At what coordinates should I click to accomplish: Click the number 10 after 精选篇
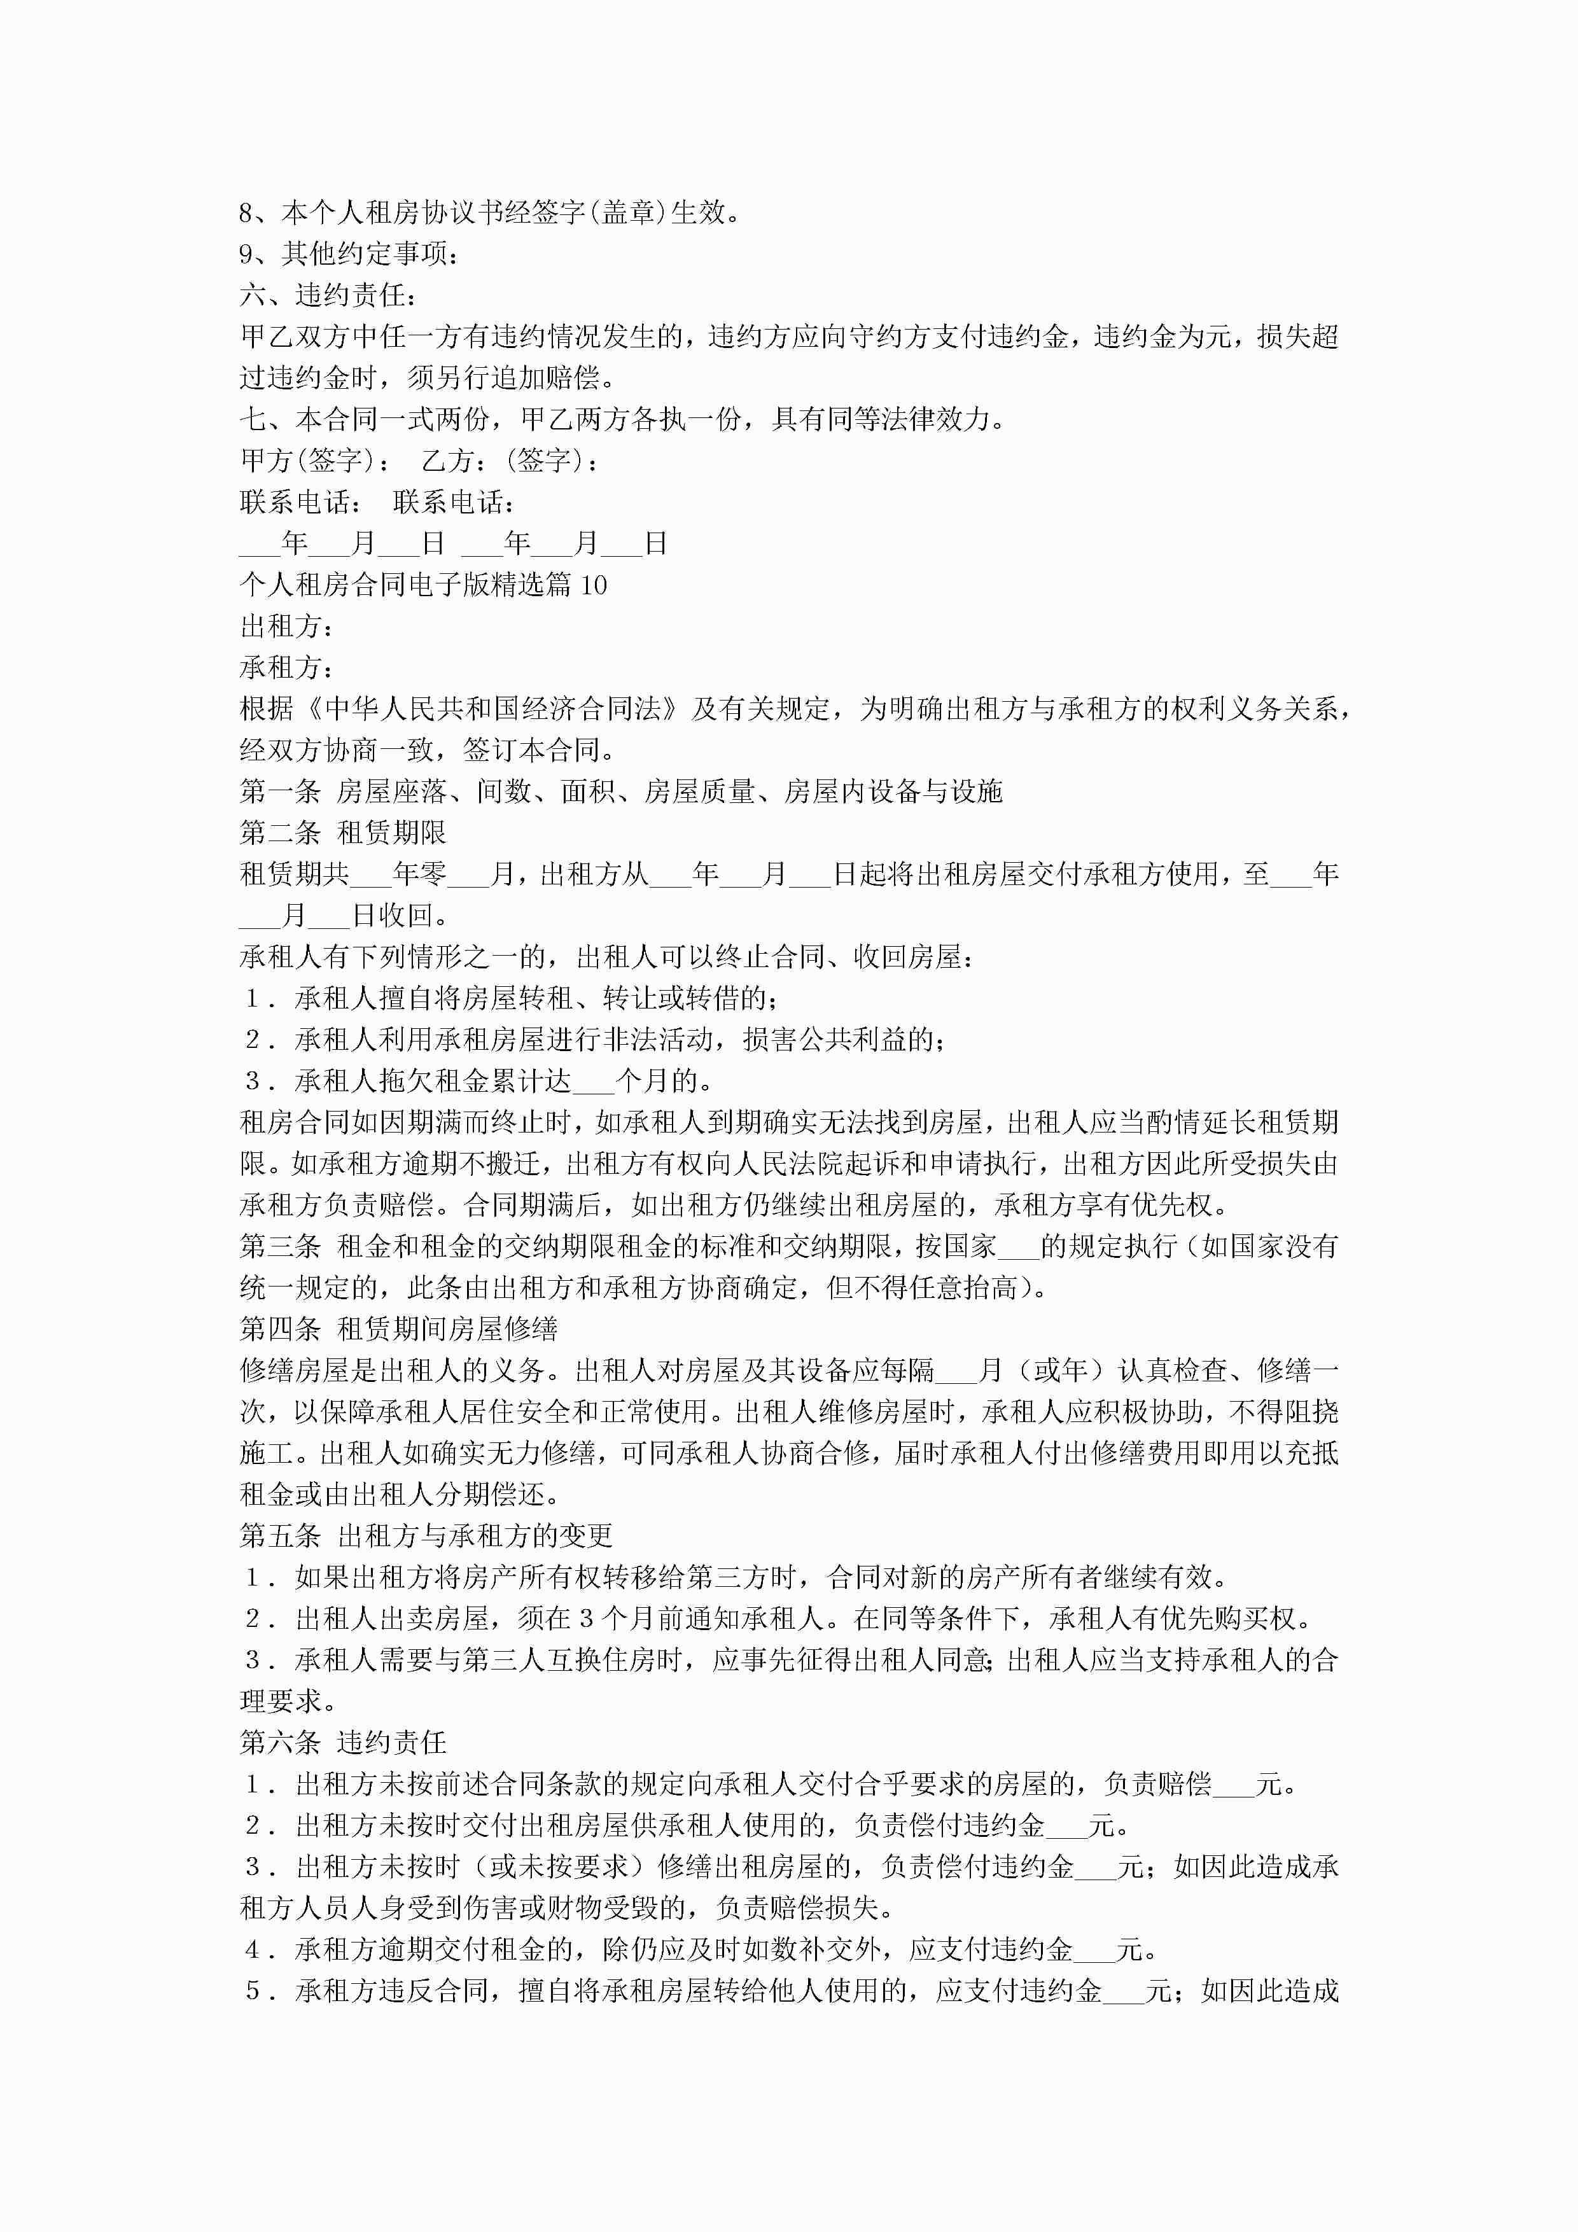[x=593, y=585]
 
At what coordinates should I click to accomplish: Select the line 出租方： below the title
[x=288, y=626]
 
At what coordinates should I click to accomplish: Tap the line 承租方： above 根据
[x=288, y=668]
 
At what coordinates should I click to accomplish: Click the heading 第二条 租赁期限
[x=343, y=833]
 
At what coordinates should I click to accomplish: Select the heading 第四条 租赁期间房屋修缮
[x=398, y=1329]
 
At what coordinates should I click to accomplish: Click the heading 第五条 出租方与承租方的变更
[x=426, y=1536]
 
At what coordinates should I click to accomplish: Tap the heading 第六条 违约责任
[x=343, y=1743]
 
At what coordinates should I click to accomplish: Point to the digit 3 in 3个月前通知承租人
[x=586, y=1619]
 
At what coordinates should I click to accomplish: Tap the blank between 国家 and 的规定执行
[x=1019, y=1246]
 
